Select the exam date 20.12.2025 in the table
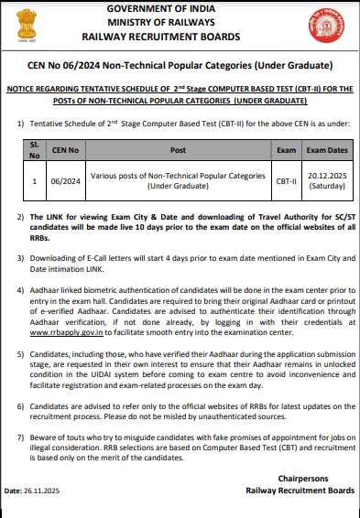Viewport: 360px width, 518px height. (x=328, y=176)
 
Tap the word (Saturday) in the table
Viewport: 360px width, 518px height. (x=328, y=187)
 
